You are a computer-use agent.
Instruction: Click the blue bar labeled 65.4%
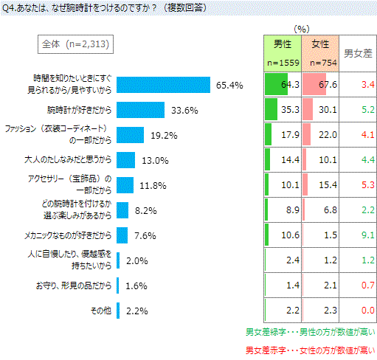point(163,85)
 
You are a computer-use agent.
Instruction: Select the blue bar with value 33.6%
point(140,110)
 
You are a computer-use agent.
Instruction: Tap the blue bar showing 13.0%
point(125,160)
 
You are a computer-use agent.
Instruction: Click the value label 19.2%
point(164,136)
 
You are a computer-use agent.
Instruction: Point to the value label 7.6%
point(145,236)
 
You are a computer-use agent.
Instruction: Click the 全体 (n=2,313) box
point(75,44)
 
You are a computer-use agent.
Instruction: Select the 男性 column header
point(283,54)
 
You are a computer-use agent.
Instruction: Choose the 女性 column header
point(320,54)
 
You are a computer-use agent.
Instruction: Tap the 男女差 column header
point(358,54)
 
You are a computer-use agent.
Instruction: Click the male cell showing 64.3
point(283,85)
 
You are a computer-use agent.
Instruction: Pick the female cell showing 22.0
point(320,135)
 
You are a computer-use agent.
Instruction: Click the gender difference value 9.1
point(368,235)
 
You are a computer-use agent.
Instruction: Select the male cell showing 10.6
point(283,235)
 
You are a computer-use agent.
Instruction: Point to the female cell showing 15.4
point(320,185)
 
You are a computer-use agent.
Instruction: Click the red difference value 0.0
point(368,311)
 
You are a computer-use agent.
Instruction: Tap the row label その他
point(101,311)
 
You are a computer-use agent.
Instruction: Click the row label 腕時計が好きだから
point(79,110)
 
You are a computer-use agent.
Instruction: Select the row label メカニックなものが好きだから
point(68,235)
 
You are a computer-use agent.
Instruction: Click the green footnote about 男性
point(311,332)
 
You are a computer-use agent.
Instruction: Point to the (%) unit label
point(302,30)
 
